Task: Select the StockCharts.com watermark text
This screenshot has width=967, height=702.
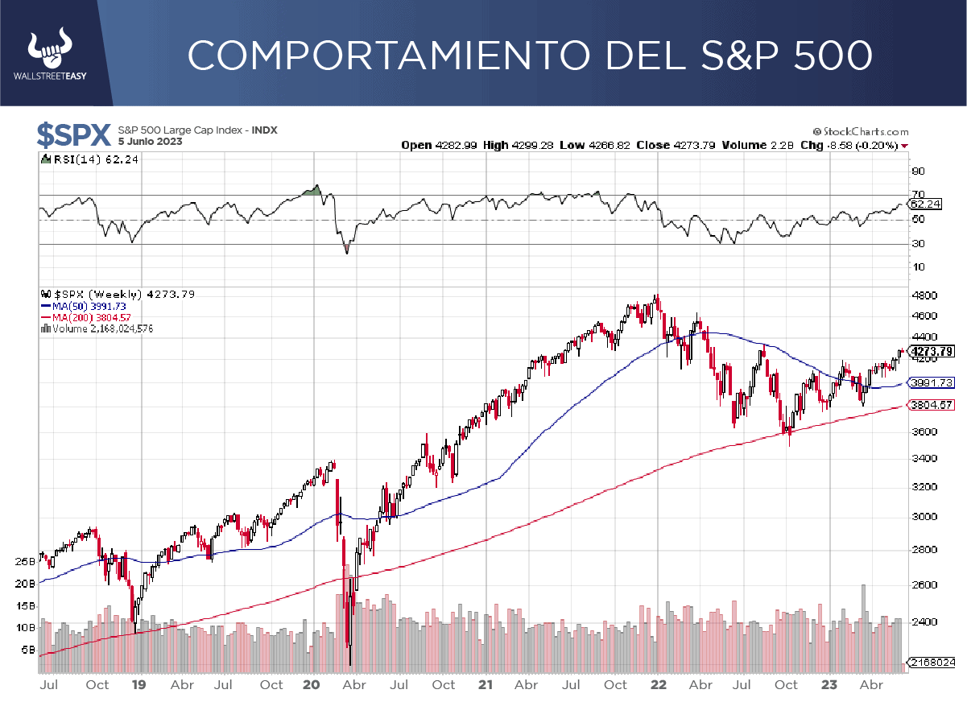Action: coord(860,131)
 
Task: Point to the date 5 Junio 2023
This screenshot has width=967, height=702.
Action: coord(150,142)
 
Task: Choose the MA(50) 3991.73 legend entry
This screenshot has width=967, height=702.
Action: coord(86,306)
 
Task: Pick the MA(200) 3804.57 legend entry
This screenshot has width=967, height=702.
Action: coord(88,317)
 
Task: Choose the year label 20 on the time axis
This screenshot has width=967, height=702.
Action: coord(312,685)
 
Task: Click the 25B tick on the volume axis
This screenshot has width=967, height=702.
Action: coord(26,561)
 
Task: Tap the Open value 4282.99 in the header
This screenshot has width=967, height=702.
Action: coord(458,146)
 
